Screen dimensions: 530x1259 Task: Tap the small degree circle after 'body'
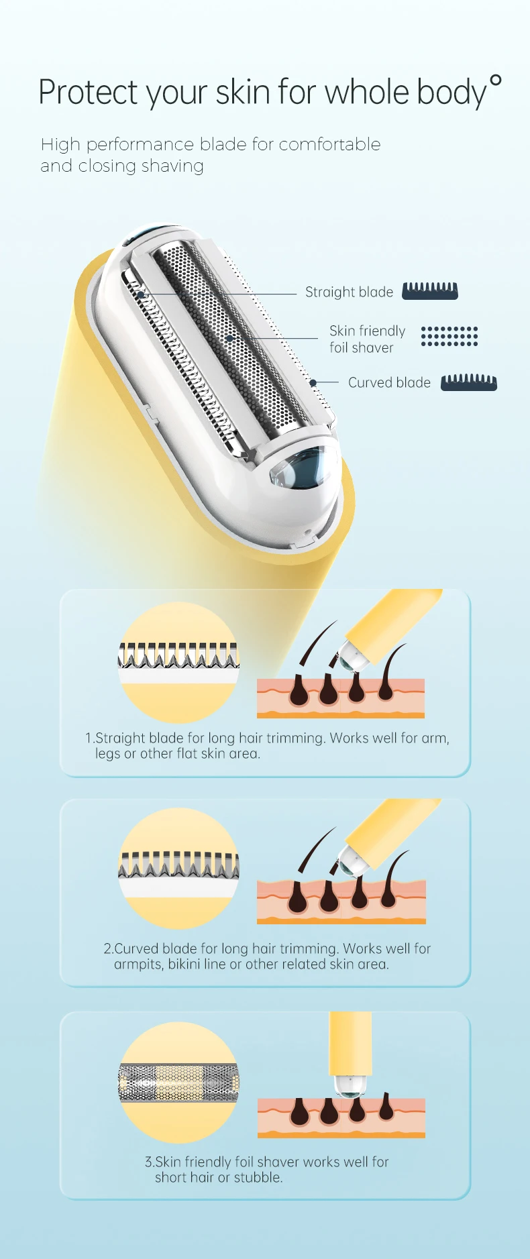coord(495,81)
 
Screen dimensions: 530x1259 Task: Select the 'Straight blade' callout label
coord(349,292)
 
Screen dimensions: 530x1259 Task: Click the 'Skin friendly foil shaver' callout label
coord(367,339)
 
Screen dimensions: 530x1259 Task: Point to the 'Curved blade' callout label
coord(389,382)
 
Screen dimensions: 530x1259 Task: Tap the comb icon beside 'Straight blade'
coord(430,291)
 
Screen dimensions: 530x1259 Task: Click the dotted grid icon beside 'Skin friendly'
coord(449,336)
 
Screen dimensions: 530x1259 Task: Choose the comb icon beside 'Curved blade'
coord(468,382)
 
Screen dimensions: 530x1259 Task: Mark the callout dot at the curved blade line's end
coord(313,383)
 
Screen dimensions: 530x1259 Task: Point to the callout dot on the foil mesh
coord(230,338)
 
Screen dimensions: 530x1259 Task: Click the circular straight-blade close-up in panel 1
coord(178,662)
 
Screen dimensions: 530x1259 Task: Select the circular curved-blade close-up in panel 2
coord(178,868)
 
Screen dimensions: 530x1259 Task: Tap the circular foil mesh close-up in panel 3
coord(178,1082)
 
